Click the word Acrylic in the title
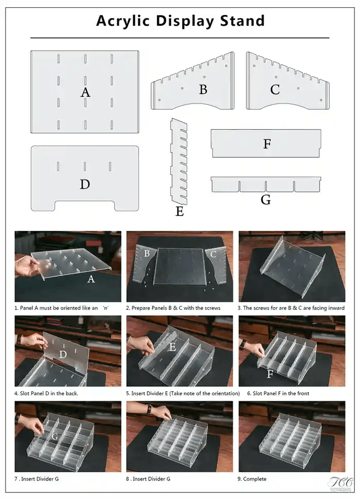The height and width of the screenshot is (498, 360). point(123,21)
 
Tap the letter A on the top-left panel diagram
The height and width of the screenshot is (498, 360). point(85,93)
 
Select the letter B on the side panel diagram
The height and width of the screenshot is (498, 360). point(203,90)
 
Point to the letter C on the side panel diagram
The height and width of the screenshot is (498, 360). point(275,90)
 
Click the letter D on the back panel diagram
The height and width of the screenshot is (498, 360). point(85,184)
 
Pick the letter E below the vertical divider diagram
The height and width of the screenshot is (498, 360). point(179,211)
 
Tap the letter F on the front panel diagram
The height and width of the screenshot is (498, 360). point(267,144)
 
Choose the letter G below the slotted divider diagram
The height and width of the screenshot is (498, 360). point(265,200)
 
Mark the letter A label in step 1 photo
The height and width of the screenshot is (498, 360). point(91,279)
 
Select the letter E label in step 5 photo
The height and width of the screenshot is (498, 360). point(172,347)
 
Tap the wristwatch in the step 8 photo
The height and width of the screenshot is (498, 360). point(148,410)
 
